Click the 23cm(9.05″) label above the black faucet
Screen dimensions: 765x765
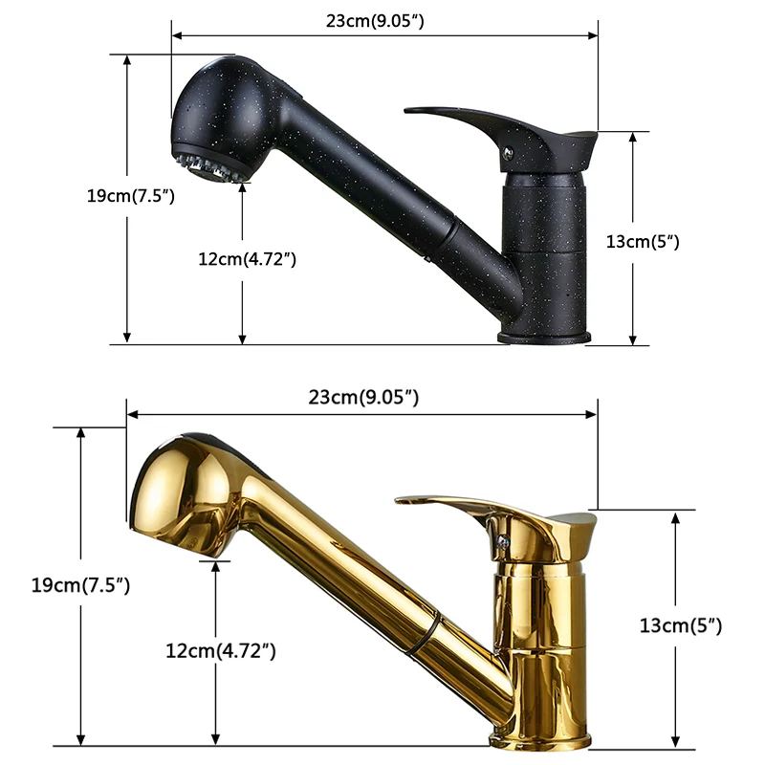375,21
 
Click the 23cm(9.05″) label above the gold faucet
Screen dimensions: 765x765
363,397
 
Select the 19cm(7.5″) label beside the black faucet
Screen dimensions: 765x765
130,196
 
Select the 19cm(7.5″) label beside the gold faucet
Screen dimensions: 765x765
80,584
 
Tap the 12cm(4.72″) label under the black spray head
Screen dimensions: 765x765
247,259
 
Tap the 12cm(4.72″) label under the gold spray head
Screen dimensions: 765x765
221,651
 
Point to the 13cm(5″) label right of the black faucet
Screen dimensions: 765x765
643,242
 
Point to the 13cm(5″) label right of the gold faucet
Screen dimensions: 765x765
681,625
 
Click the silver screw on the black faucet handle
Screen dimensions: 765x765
509,154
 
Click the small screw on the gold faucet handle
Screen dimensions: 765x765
503,541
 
